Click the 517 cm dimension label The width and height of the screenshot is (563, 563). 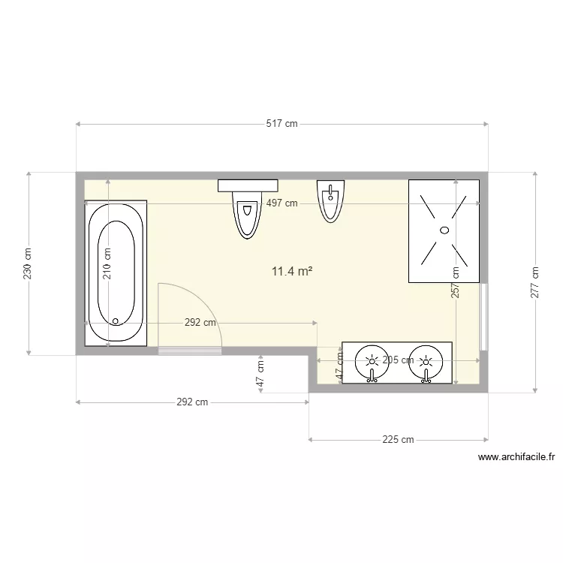[x=281, y=124]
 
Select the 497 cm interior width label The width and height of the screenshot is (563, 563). [x=281, y=203]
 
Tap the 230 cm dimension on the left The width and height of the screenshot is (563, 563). [x=28, y=263]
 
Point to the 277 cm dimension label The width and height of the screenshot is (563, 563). [x=534, y=282]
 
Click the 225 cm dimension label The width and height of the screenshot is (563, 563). [x=398, y=440]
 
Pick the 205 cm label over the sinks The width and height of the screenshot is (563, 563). [x=397, y=360]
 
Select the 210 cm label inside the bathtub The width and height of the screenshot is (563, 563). [x=107, y=263]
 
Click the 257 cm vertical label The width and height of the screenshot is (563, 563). [x=454, y=284]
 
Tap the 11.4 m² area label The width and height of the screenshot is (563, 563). [x=292, y=271]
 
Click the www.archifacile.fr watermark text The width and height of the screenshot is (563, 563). [x=515, y=456]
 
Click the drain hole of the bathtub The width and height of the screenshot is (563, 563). [x=116, y=321]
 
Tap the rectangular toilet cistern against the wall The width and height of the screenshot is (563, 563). [x=248, y=185]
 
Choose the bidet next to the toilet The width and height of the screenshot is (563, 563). [x=330, y=201]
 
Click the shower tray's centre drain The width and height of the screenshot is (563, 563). [x=443, y=230]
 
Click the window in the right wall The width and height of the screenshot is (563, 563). [x=484, y=317]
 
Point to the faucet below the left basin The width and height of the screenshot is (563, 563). [x=371, y=377]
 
